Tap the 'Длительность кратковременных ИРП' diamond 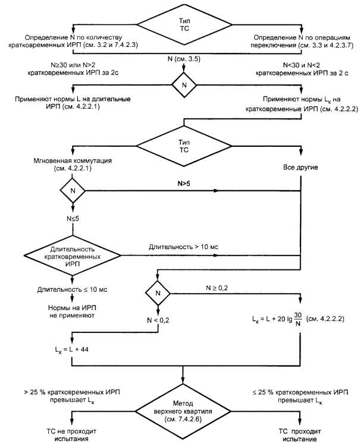(73, 256)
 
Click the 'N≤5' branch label (73, 219)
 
